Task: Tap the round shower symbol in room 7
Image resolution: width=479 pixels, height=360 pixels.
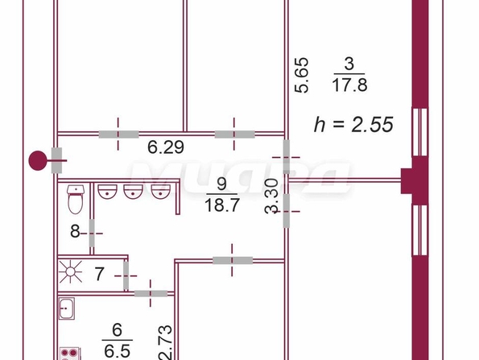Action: coord(71,271)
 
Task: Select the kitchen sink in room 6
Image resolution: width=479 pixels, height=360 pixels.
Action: coord(66,308)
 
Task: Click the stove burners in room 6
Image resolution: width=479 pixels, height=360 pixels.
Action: coord(70,354)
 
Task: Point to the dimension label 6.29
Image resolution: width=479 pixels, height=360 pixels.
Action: coord(166,147)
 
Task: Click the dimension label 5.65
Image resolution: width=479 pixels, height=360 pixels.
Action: coord(302,75)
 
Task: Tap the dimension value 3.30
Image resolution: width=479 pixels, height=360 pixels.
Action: coord(271,196)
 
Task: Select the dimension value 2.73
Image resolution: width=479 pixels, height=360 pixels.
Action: coord(165,342)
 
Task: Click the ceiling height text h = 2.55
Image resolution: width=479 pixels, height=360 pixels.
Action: coord(353,124)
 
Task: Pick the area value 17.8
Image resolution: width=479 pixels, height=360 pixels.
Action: coord(349,85)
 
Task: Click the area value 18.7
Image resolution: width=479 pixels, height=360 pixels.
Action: coord(221,205)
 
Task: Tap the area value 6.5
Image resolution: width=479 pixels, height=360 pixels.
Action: coord(118,351)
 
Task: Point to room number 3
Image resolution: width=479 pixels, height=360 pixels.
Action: coord(349,64)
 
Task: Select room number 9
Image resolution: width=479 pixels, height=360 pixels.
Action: coord(221,184)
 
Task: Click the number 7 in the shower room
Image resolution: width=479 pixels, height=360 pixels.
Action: coord(99,274)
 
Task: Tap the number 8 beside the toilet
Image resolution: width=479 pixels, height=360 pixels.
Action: coord(75,231)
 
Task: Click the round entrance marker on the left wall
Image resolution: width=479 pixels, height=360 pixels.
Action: coord(37,160)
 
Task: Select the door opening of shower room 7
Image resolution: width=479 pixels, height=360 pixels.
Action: coord(126,275)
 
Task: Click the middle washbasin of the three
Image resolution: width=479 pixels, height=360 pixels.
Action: coord(133,192)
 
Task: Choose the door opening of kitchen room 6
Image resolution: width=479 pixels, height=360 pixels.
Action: coord(151,294)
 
